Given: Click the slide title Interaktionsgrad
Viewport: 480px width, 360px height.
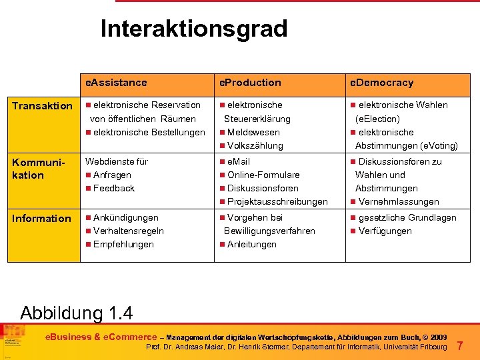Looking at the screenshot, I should click(x=194, y=29).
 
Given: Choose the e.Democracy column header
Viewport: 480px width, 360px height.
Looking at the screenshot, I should click(x=382, y=83).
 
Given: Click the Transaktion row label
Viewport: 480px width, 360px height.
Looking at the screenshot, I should click(x=42, y=105).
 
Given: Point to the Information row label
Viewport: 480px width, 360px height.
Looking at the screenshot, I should click(x=42, y=218).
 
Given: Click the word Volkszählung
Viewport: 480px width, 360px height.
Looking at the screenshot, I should click(x=255, y=145).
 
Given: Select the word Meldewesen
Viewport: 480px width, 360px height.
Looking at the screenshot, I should click(x=254, y=132).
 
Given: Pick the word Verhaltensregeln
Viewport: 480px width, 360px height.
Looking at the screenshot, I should click(x=129, y=231).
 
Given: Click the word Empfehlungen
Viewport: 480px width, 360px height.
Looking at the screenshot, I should click(x=123, y=244).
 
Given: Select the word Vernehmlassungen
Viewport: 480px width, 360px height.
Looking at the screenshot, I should click(x=399, y=201).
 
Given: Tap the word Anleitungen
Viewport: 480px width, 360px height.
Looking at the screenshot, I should click(x=252, y=244).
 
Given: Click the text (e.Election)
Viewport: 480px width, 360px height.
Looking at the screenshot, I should click(x=378, y=119).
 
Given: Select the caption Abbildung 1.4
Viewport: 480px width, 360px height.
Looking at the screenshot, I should click(x=77, y=313).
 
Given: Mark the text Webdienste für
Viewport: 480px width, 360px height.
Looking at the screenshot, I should click(x=117, y=161).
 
